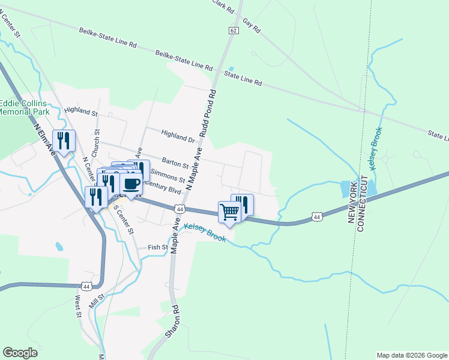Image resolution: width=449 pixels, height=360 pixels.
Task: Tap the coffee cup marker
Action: [131, 183]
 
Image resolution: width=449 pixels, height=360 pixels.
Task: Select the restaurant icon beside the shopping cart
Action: [243, 204]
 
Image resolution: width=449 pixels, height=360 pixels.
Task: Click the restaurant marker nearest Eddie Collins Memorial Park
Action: [64, 140]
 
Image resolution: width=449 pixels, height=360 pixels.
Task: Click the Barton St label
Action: [175, 162]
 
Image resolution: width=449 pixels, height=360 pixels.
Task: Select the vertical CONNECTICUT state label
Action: [362, 201]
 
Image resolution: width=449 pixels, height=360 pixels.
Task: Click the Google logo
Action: [20, 353]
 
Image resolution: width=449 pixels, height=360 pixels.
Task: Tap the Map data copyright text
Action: [411, 355]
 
